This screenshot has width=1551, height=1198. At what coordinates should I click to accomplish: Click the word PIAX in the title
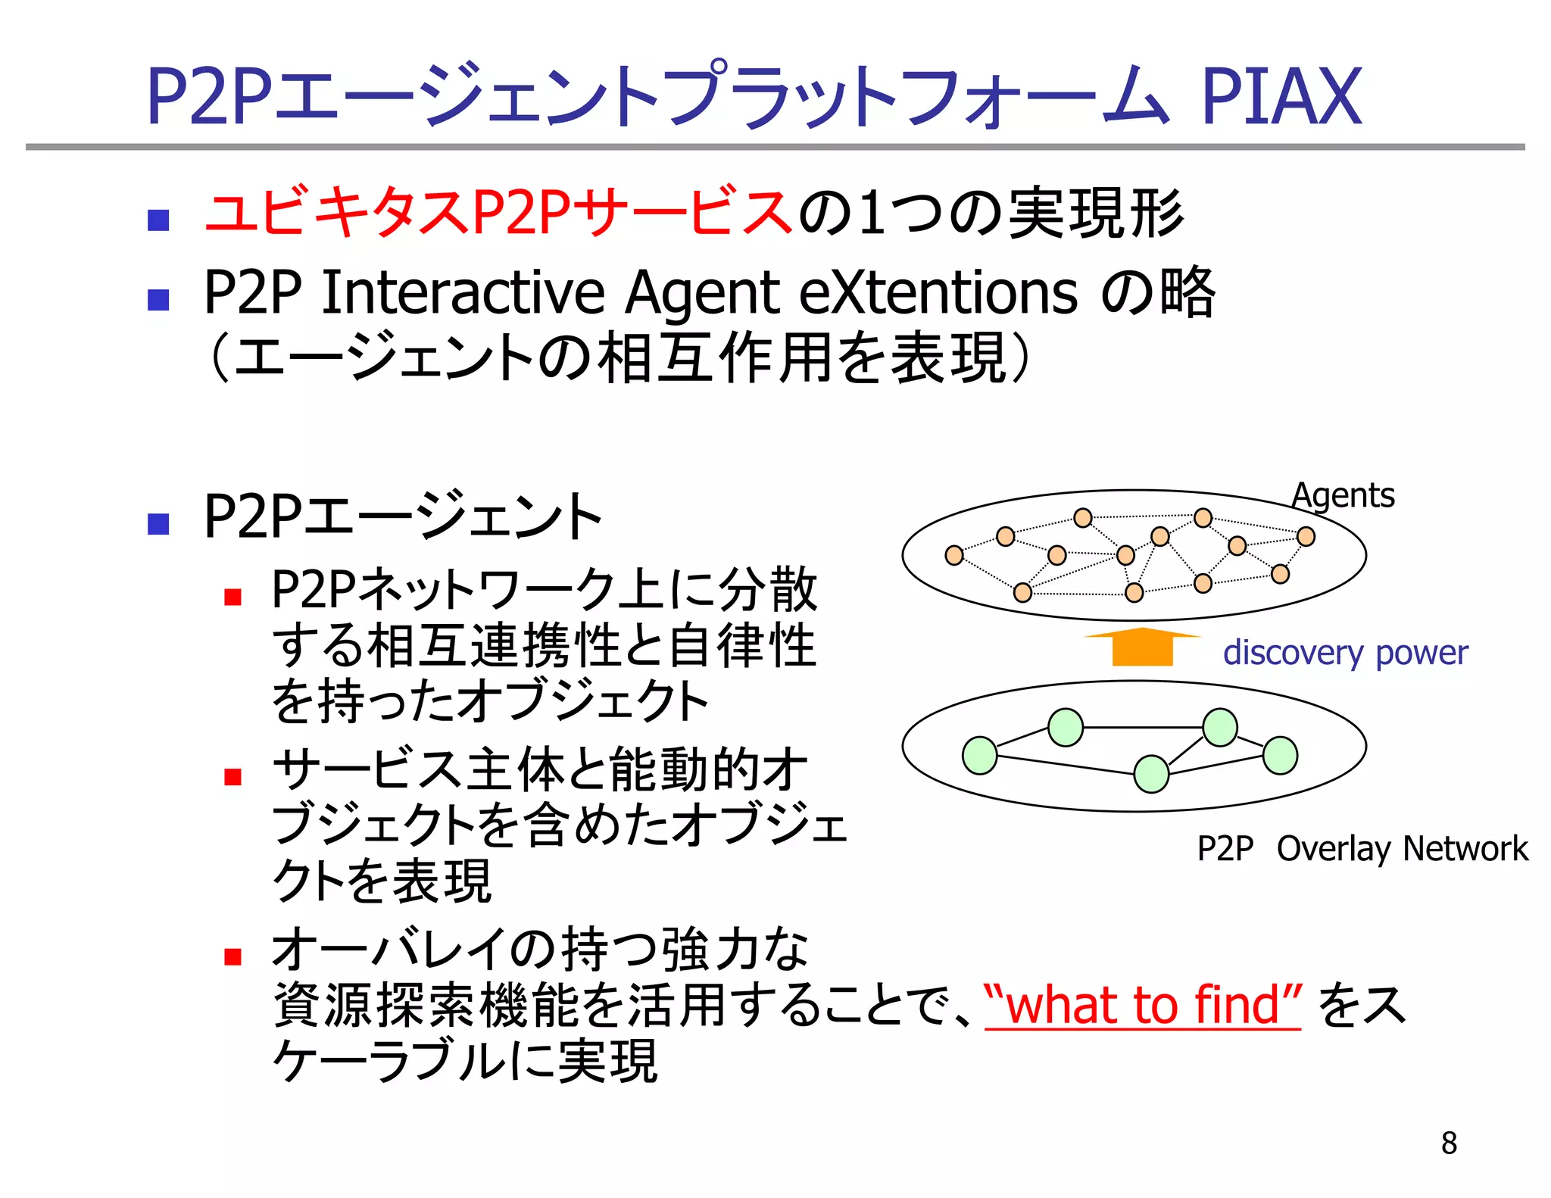[x=1281, y=96]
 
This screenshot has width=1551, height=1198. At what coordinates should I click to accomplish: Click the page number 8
[x=1449, y=1143]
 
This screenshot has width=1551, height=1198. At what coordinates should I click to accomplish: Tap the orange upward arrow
[x=1142, y=647]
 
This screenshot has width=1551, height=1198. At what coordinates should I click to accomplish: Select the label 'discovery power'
[x=1345, y=653]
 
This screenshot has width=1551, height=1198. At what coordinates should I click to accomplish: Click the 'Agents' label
[x=1343, y=496]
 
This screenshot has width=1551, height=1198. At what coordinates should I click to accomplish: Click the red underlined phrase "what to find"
[x=1142, y=1005]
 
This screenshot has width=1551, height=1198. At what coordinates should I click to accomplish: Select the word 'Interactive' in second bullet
[x=463, y=293]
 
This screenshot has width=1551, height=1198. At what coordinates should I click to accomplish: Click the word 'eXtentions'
[x=938, y=293]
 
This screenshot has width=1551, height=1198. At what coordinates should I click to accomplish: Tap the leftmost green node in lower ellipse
[x=979, y=755]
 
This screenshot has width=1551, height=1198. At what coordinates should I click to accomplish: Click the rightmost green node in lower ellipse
[x=1280, y=755]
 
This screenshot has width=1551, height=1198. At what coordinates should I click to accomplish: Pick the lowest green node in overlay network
[x=1151, y=774]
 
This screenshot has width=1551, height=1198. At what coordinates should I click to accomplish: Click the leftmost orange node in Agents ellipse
[x=954, y=555]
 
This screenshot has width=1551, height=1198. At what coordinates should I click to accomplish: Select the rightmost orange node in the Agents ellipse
[x=1306, y=536]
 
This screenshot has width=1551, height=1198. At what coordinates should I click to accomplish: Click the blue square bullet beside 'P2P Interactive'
[x=158, y=300]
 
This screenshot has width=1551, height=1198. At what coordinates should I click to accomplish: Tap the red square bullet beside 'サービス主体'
[x=232, y=777]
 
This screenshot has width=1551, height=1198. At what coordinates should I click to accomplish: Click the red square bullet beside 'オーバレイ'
[x=232, y=956]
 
